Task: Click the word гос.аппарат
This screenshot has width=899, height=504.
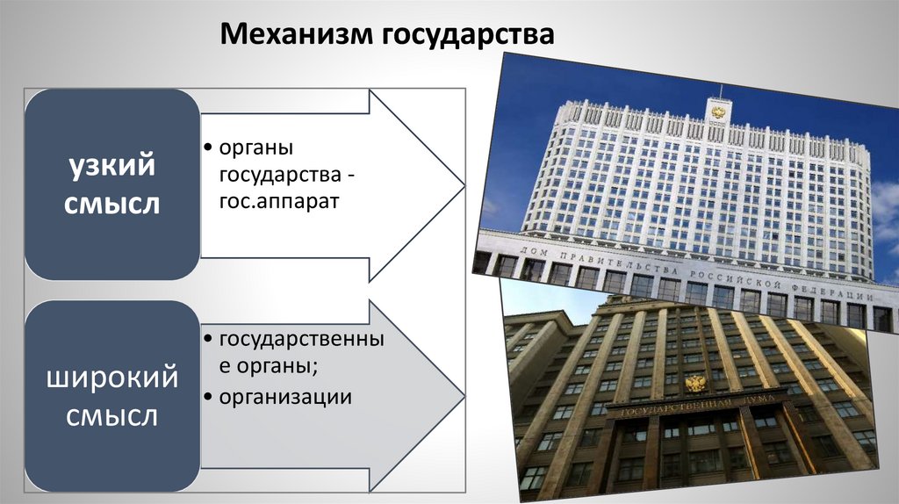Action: (x=279, y=201)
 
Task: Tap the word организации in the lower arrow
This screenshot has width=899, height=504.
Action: (x=286, y=397)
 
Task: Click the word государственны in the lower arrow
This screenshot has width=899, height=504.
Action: (x=301, y=338)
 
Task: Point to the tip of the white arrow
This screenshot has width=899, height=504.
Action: (x=464, y=184)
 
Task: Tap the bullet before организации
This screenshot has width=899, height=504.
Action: (x=205, y=398)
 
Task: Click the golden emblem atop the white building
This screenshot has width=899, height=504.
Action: (x=718, y=112)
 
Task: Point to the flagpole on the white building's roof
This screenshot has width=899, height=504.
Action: (x=721, y=91)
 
